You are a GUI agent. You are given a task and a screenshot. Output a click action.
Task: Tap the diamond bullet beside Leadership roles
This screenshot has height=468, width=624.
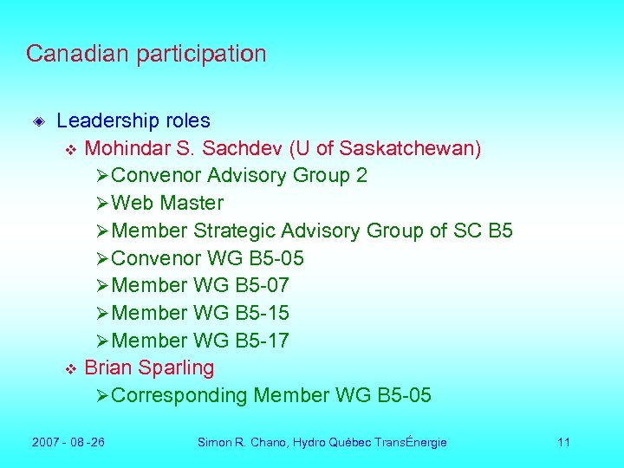(x=39, y=121)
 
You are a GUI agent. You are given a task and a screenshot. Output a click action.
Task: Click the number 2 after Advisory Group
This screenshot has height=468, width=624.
(x=361, y=176)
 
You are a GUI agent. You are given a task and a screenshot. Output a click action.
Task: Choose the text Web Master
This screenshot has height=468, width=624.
(x=167, y=204)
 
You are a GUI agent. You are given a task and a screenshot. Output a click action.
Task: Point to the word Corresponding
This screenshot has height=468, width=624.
(x=179, y=395)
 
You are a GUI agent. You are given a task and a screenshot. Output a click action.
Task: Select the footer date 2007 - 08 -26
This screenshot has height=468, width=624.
(x=68, y=442)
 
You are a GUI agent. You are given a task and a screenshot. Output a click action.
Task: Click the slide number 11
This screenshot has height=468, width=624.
(x=563, y=442)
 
